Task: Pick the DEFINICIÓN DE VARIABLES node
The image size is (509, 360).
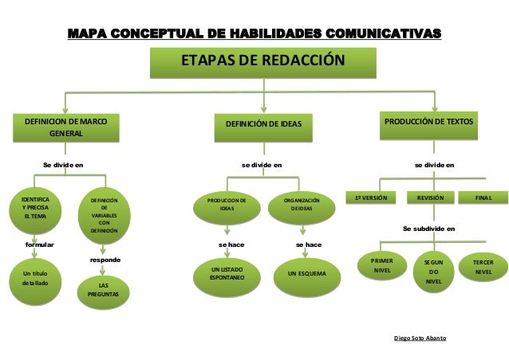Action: (104, 215)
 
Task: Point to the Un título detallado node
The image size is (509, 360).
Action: (34, 280)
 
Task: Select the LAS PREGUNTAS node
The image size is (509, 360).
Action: (104, 290)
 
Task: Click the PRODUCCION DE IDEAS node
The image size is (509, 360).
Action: (227, 206)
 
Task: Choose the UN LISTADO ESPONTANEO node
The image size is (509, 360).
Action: (227, 276)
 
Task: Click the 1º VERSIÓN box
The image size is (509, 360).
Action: (369, 196)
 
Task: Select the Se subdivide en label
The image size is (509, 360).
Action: (429, 229)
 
